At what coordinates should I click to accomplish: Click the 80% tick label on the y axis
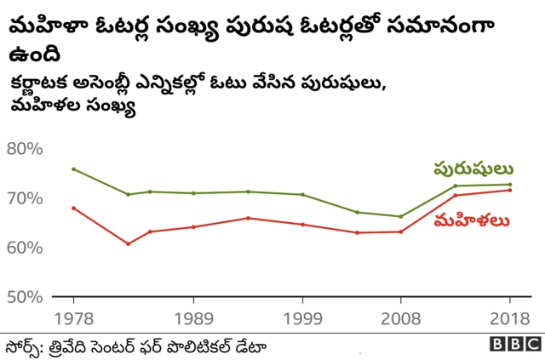coord(25,149)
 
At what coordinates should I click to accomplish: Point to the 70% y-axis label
coord(25,198)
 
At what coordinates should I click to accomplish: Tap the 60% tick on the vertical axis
coord(25,248)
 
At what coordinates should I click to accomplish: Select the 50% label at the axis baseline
coord(25,297)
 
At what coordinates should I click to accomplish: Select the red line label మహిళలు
coord(472,221)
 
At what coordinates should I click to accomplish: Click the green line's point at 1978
coord(73,169)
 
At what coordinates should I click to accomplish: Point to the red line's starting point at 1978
coord(73,208)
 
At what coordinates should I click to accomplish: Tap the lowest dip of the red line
coord(128,244)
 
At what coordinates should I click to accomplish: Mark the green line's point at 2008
coord(401,216)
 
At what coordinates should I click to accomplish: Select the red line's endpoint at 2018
coord(510,190)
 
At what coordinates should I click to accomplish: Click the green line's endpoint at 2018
coord(510,184)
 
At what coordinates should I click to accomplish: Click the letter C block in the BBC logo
coord(531,345)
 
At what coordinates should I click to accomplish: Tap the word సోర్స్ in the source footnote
coord(25,345)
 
